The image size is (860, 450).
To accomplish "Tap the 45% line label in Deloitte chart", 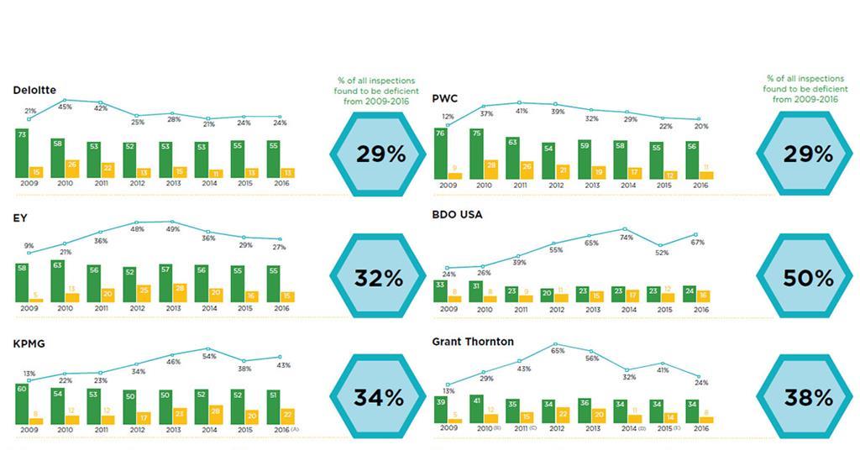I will coord(63,107).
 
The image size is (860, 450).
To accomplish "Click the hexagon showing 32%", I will coord(379,278).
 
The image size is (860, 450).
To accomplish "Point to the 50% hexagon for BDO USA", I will coord(807,278).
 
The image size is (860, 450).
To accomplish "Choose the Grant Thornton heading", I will coord(473,342).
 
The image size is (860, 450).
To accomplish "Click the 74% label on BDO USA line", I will coord(626,238).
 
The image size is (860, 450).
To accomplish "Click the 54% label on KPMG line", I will coord(209,357).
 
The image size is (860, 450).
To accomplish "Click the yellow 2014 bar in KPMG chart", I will coord(216,414).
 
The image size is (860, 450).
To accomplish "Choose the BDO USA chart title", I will coord(457,214).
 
